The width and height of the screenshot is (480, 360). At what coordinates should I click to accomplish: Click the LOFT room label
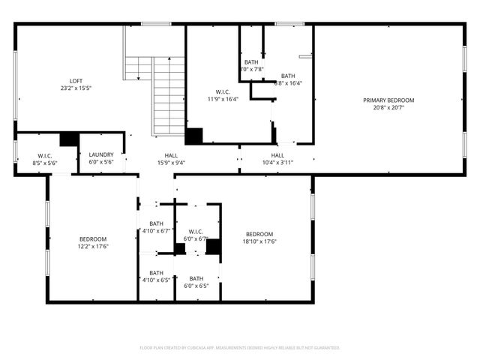pos(76,81)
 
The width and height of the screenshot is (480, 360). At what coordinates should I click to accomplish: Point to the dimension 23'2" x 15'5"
pos(76,88)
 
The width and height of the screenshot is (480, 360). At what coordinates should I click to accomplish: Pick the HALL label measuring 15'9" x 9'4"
pos(166,155)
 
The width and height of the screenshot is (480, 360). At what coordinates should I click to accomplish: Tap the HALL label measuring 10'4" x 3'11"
pos(277,155)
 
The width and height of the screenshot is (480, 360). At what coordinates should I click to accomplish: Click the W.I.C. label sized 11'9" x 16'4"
pos(222,91)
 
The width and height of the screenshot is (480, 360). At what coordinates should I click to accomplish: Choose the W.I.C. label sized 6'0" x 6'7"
pos(196,231)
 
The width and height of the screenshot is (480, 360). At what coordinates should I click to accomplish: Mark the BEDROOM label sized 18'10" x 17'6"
pos(260,233)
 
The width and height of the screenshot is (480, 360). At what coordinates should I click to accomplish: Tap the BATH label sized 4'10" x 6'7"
pos(156,223)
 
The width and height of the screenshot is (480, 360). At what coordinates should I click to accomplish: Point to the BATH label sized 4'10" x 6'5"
pos(156,273)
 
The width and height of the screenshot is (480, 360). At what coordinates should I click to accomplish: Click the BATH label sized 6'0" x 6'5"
pos(196,278)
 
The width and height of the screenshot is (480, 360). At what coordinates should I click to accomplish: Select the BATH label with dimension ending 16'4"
pos(289,76)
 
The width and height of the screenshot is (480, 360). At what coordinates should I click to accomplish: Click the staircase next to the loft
pos(169,94)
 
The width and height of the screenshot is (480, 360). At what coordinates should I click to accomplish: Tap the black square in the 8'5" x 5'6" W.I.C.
pos(69,139)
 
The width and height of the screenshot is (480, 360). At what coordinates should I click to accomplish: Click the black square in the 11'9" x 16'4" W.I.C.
pos(194,136)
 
